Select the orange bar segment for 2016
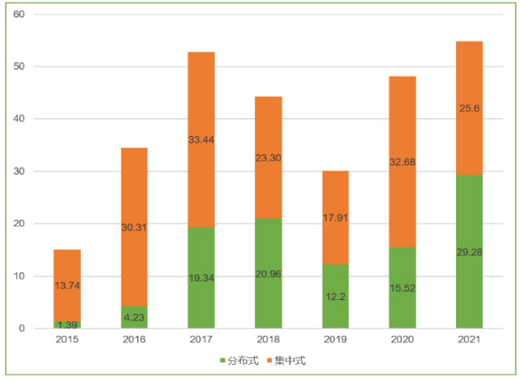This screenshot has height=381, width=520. click(x=134, y=226)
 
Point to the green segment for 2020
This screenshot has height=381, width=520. click(x=402, y=288)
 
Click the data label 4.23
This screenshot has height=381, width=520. click(x=134, y=319)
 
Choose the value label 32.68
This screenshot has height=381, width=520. click(x=402, y=206)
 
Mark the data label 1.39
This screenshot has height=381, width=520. click(x=67, y=324)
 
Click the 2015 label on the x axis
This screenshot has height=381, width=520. click(x=67, y=341)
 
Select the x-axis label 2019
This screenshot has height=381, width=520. click(x=335, y=341)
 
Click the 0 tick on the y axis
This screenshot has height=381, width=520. click(x=22, y=328)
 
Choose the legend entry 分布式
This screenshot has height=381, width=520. click(x=240, y=360)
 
